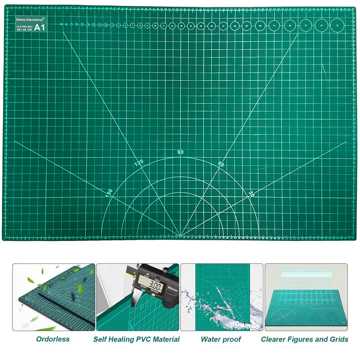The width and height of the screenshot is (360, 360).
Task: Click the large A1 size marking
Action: (x=39, y=27)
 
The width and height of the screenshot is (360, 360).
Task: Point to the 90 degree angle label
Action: (x=180, y=152)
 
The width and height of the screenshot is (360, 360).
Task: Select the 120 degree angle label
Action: (x=138, y=162)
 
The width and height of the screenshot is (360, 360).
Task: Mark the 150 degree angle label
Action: (x=108, y=192)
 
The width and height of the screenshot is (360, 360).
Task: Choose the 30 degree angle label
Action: (x=251, y=193)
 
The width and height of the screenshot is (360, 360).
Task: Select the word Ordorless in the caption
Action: (x=53, y=339)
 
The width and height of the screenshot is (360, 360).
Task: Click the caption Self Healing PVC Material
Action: (x=136, y=339)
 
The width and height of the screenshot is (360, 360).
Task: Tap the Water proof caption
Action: (x=220, y=339)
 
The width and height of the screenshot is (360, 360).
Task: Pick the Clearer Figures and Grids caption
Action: (x=305, y=339)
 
